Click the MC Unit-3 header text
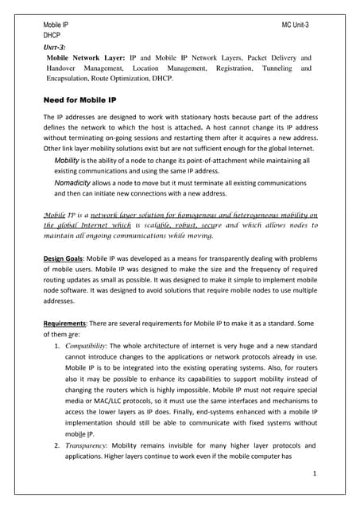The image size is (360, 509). [296, 26]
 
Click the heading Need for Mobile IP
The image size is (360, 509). [86, 100]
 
